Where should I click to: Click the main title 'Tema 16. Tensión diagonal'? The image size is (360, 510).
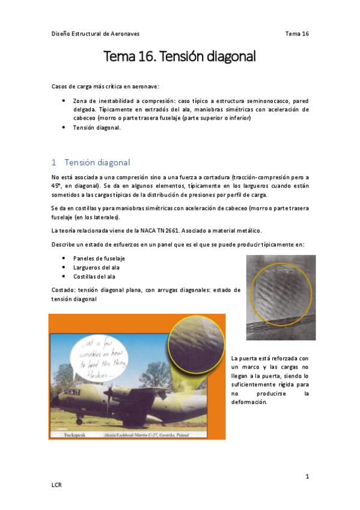[x=180, y=57]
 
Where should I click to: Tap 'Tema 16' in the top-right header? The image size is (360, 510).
[x=296, y=34]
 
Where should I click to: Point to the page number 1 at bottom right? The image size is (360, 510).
[x=307, y=477]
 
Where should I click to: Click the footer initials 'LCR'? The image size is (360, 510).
[x=57, y=484]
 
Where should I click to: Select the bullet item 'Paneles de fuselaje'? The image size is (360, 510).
[x=99, y=258]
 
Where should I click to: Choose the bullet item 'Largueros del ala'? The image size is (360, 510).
[x=97, y=267]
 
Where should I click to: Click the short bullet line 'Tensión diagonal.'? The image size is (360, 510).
[x=97, y=127]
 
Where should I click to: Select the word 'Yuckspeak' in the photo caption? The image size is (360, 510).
[x=66, y=433]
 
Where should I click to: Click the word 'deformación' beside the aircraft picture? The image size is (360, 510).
[x=249, y=402]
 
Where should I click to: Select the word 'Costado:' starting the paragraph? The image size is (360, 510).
[x=64, y=290]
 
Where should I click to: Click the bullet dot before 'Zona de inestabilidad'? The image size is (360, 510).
[x=64, y=101]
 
